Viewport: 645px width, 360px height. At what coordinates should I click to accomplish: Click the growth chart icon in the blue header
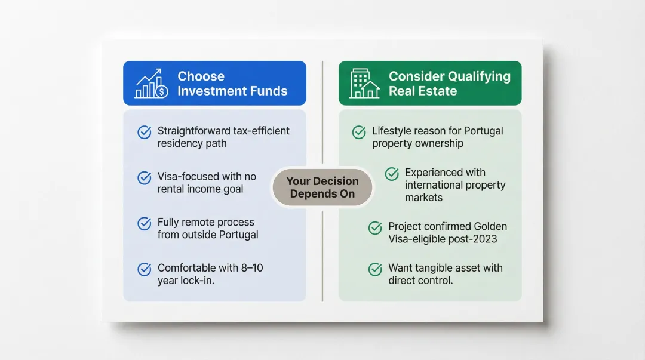[x=151, y=84]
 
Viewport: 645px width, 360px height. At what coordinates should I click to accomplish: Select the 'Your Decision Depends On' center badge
[x=322, y=187]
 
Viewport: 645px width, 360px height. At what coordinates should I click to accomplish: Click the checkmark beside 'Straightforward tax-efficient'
[x=145, y=132]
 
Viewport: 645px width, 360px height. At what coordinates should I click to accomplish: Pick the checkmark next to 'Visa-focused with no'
[x=145, y=177]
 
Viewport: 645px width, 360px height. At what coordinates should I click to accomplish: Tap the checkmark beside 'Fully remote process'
[x=145, y=223]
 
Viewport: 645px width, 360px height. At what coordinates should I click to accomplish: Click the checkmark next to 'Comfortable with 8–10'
[x=145, y=269]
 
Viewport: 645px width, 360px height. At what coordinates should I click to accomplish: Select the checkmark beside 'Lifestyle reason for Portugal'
[x=359, y=132]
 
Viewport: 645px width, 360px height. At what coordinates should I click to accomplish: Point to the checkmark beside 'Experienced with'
[x=392, y=174]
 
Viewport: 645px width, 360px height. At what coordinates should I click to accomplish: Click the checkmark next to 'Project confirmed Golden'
[x=375, y=227]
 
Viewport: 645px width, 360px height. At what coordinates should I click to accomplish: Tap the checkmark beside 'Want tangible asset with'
[x=375, y=269]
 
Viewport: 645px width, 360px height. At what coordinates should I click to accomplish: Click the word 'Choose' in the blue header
[x=201, y=76]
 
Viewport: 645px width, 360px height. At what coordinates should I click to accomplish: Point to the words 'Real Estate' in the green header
[x=423, y=91]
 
